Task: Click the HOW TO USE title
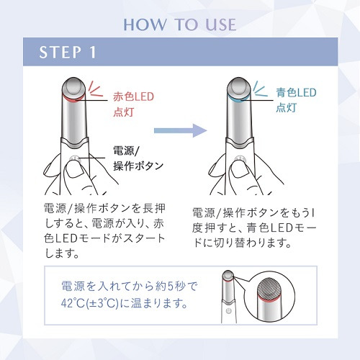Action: [x=180, y=24]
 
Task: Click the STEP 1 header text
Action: [x=68, y=52]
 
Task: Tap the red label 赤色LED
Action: [x=133, y=96]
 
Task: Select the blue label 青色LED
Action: [x=296, y=93]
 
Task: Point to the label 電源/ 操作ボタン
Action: [x=138, y=158]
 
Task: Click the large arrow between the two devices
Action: [x=181, y=130]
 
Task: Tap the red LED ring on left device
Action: [x=73, y=99]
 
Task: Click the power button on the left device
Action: [x=75, y=158]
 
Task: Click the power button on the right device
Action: [x=240, y=158]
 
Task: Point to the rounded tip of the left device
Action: [x=73, y=86]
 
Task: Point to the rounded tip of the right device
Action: [x=239, y=86]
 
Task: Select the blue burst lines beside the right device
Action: [x=261, y=89]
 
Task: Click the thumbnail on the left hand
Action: [x=74, y=171]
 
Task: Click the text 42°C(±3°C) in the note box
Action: [x=90, y=303]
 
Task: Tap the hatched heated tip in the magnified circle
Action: [x=270, y=287]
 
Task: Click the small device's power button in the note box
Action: [x=228, y=310]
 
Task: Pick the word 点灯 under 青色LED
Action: [x=286, y=107]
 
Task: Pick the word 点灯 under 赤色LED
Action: [x=123, y=112]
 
